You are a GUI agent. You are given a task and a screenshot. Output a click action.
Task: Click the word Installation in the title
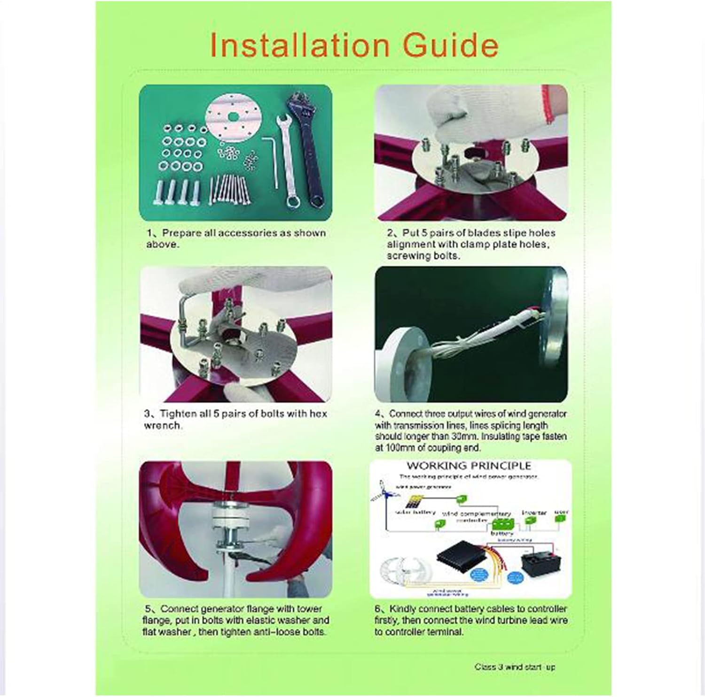point(299,45)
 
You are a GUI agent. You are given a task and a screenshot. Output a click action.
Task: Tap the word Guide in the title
point(451,45)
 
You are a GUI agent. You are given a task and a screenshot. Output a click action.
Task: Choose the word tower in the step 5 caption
point(309,609)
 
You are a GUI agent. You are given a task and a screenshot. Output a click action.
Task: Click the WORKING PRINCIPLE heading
point(469,466)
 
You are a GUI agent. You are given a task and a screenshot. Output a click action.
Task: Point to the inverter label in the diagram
point(534,513)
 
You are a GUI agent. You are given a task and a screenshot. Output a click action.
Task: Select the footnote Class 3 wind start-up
point(515,667)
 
